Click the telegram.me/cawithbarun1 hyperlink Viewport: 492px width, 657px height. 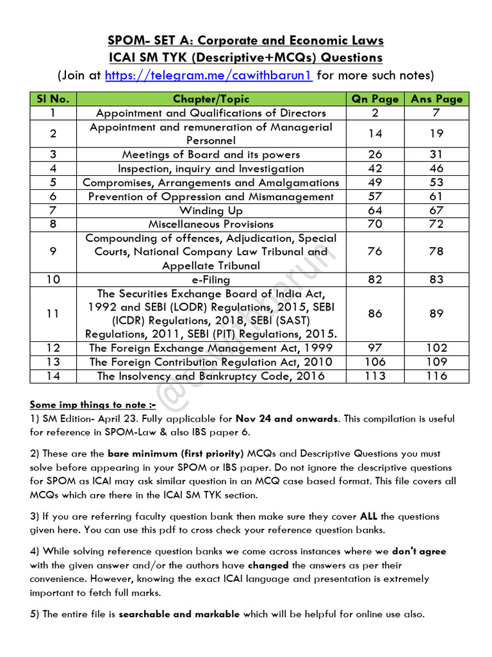click(208, 76)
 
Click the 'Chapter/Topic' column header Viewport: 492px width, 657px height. click(211, 99)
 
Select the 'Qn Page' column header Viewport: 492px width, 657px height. click(375, 99)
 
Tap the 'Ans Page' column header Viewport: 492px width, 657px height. click(436, 99)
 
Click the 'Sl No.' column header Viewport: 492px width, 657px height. click(53, 99)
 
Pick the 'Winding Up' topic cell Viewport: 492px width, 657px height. click(211, 210)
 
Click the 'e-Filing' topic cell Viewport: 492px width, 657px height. click(211, 280)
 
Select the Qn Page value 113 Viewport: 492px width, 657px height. click(375, 376)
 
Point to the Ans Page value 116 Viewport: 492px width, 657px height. click(436, 376)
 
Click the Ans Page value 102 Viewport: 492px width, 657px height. click(436, 348)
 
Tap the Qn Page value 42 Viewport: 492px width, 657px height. click(375, 169)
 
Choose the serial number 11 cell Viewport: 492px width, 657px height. click(53, 314)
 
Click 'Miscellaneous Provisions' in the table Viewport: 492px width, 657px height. click(211, 224)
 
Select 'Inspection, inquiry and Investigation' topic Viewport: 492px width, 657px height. click(211, 169)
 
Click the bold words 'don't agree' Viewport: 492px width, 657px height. click(419, 551)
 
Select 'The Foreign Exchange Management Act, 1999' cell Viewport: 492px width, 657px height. click(211, 348)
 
